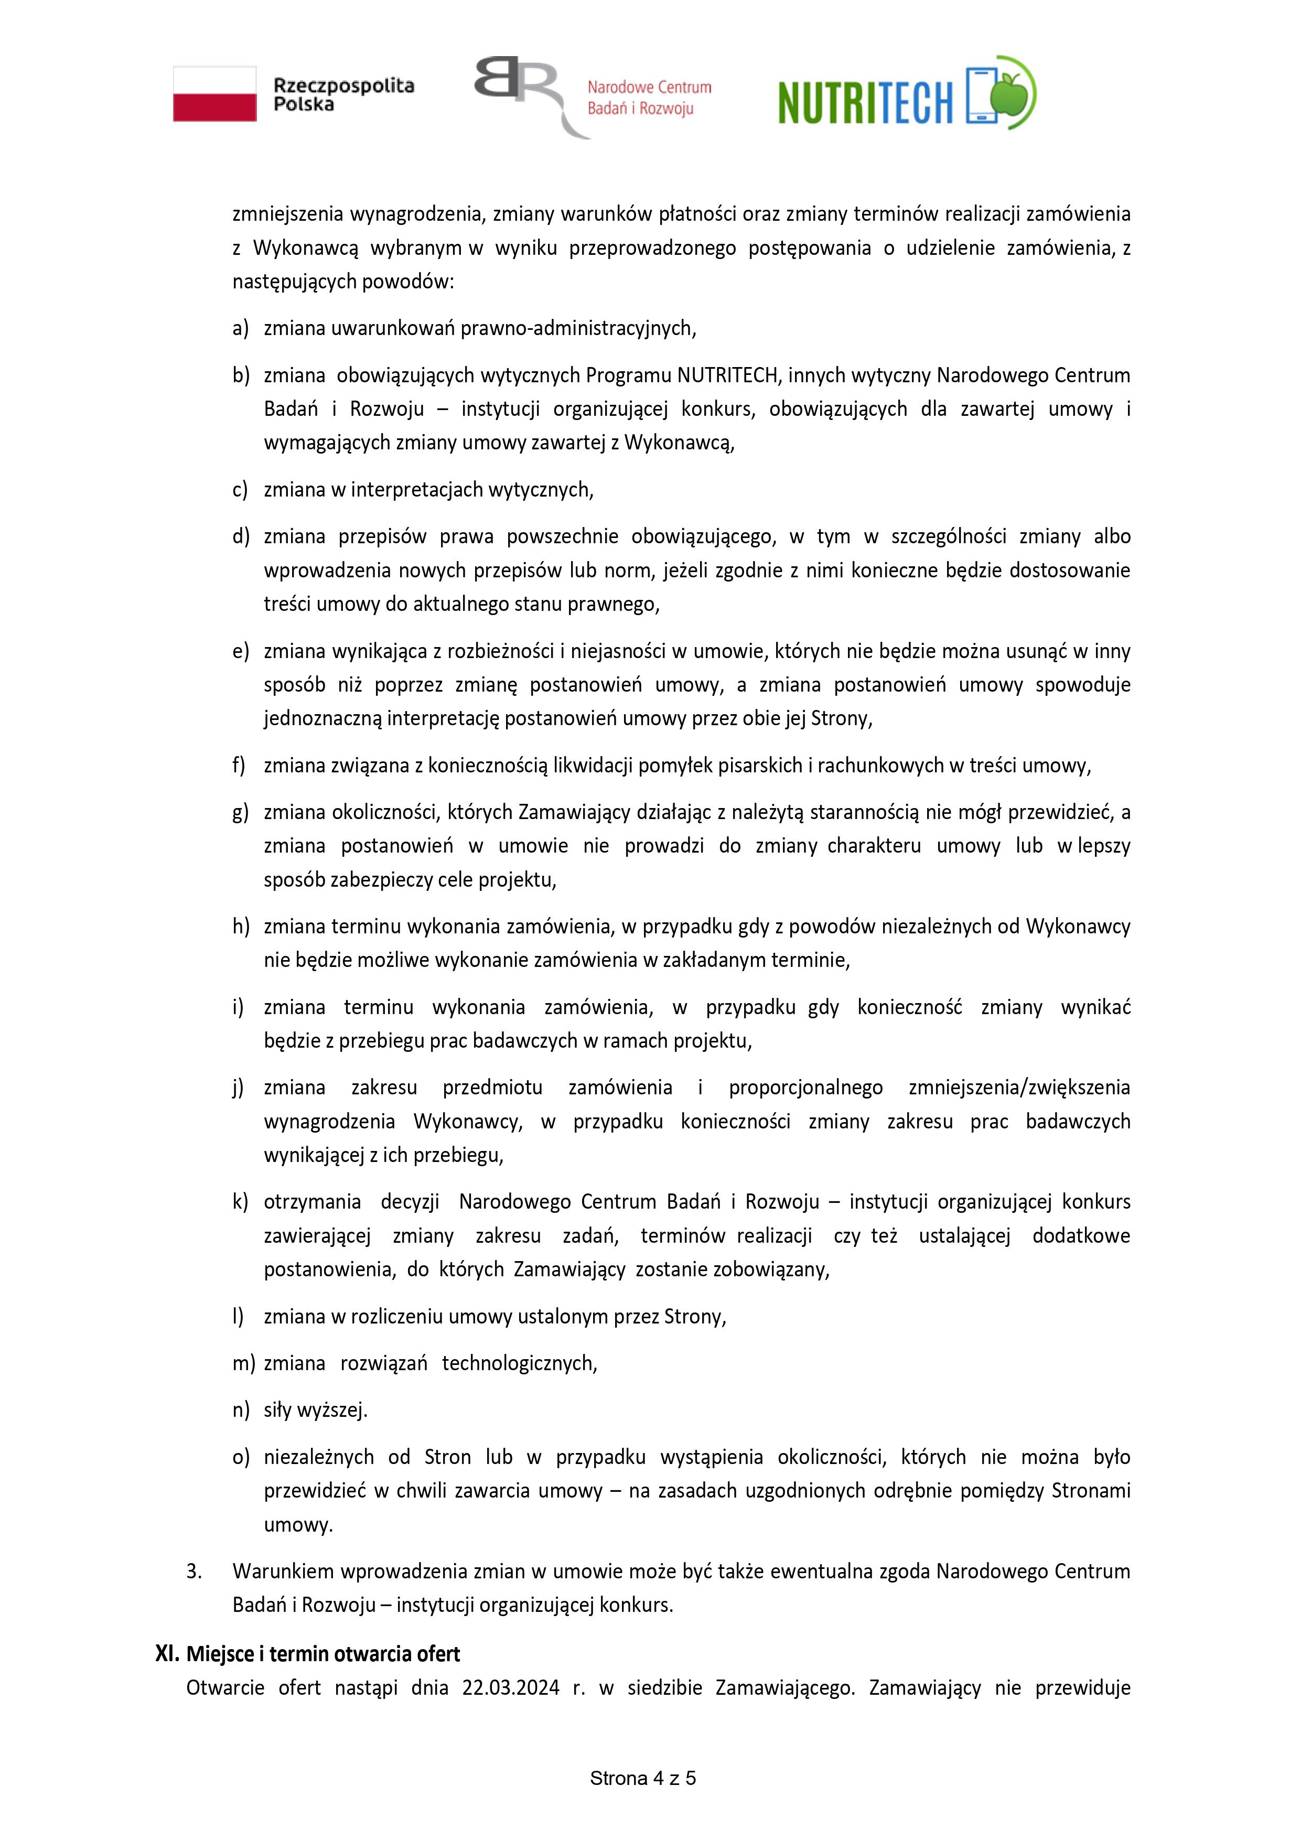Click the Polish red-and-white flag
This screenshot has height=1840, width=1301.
click(215, 94)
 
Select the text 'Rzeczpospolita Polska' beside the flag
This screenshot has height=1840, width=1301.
click(343, 94)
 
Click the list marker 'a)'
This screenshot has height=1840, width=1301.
click(241, 328)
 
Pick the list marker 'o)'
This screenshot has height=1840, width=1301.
click(241, 1456)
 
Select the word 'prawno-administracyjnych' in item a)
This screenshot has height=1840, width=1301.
click(577, 328)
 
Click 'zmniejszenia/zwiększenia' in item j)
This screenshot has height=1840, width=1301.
click(1019, 1088)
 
